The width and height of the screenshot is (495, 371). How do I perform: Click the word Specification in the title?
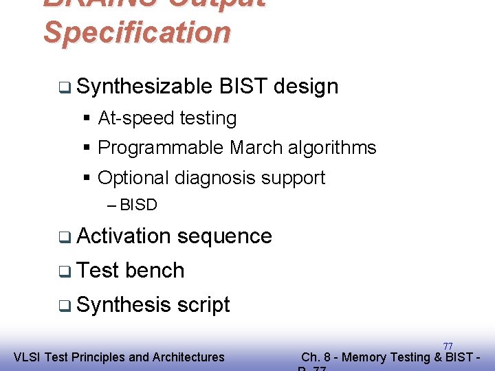137,33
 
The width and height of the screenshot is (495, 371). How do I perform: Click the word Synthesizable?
144,87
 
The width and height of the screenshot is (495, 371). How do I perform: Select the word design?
306,87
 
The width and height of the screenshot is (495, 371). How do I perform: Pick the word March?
256,148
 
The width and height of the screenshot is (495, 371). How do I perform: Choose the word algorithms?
332,148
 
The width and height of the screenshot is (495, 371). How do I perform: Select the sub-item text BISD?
138,205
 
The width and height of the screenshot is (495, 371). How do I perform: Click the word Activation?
124,236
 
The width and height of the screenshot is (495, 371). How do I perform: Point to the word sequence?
224,236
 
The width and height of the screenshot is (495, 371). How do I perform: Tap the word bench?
155,271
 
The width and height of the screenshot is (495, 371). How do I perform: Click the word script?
203,305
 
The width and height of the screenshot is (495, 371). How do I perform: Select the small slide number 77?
448,346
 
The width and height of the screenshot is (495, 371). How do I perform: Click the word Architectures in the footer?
188,357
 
